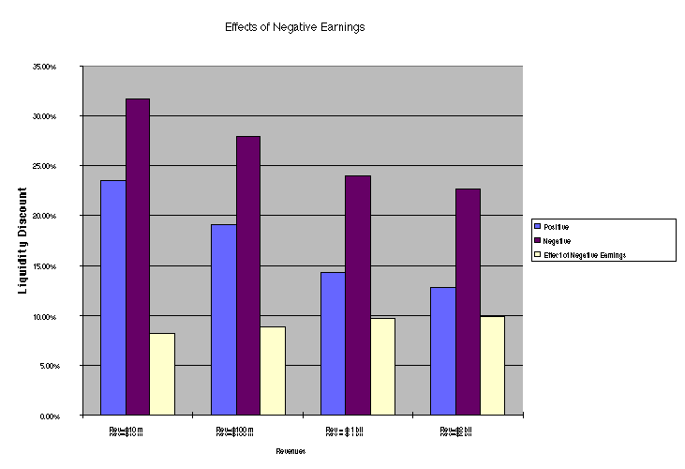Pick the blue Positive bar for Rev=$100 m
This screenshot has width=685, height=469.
point(223,319)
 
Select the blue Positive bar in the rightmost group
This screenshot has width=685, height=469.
point(442,351)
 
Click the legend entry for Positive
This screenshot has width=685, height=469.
point(559,227)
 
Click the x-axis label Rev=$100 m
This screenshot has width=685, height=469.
point(234,431)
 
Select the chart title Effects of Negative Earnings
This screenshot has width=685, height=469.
point(294,27)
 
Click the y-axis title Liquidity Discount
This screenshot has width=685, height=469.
point(23,240)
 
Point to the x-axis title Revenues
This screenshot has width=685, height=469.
point(290,451)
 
